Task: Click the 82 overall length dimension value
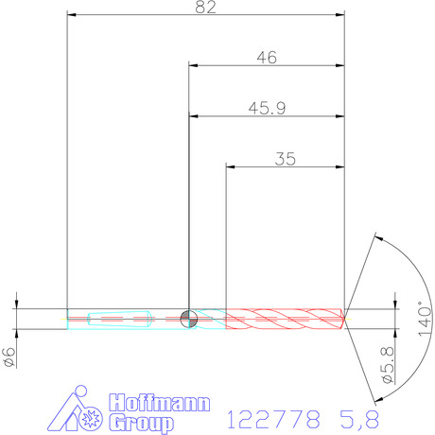click(205, 7)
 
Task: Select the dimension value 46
click(267, 58)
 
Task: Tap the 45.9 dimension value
click(267, 109)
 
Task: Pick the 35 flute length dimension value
click(285, 159)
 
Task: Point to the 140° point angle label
click(425, 319)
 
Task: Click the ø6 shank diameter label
click(9, 357)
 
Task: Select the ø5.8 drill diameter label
click(388, 365)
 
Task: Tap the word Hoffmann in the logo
click(160, 403)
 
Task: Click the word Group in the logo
click(142, 423)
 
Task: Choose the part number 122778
click(273, 420)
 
